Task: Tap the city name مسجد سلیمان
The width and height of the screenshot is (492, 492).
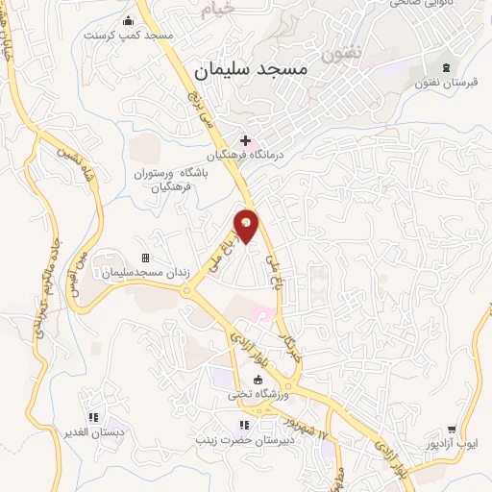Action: point(249,70)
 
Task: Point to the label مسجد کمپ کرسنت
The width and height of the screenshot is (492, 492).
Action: point(128,35)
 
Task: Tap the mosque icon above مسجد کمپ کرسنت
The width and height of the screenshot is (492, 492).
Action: point(128,19)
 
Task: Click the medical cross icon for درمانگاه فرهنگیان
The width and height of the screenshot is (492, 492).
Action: point(246,140)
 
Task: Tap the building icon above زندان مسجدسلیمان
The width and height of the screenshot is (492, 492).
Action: point(146,258)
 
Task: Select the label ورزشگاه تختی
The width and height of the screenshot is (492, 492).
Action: point(258,394)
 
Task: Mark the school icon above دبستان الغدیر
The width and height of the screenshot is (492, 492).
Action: point(93,417)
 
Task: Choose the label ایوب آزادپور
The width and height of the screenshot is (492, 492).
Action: point(452,446)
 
